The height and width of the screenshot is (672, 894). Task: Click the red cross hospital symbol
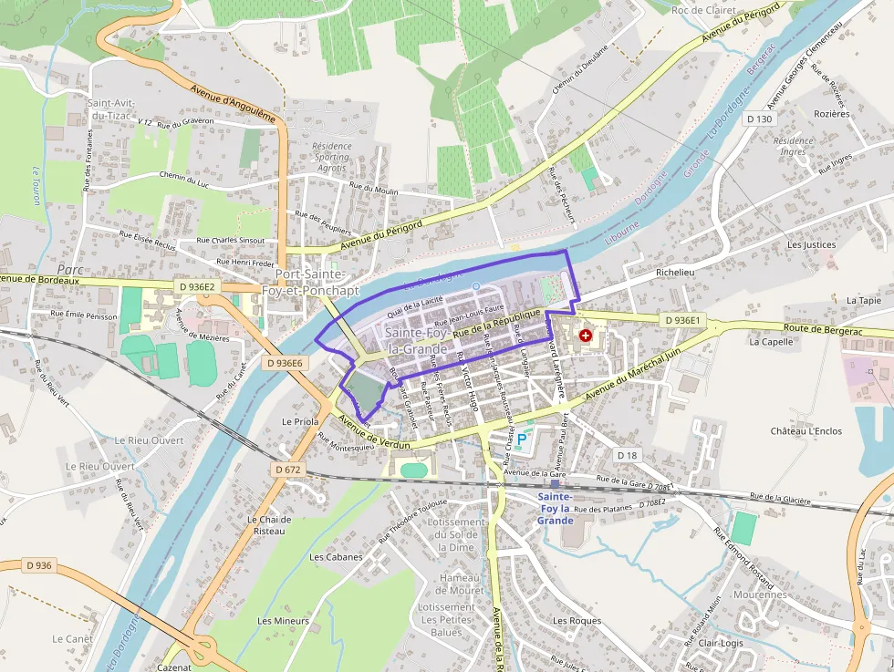[585, 336]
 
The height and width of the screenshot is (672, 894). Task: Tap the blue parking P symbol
[522, 440]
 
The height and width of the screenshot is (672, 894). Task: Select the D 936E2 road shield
[196, 287]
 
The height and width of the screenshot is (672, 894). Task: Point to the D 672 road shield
[287, 470]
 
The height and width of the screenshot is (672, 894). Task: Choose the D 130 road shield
[758, 119]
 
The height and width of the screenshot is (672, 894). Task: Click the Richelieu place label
[676, 273]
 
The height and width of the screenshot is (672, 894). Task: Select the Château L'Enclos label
[806, 430]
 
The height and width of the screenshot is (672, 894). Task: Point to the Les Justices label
[811, 244]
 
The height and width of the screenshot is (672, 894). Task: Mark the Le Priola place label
[300, 422]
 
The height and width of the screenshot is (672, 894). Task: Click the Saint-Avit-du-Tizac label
[111, 109]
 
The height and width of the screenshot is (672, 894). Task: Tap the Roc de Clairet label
[702, 10]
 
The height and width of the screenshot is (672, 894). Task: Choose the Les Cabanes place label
[336, 556]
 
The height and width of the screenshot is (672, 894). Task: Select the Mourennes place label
[759, 594]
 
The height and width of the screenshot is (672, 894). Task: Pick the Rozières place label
[830, 114]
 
